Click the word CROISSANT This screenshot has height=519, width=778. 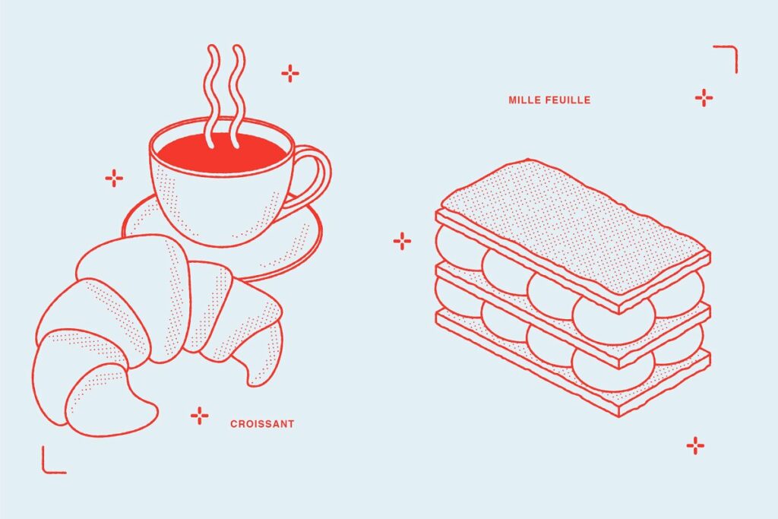point(262,424)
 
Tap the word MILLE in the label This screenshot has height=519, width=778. point(525,100)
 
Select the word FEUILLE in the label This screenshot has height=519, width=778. point(568,100)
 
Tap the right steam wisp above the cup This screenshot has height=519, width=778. point(238,84)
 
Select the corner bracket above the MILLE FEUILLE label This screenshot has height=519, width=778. point(728,56)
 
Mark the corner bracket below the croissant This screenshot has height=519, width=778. point(51,462)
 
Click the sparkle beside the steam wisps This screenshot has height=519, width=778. point(290,73)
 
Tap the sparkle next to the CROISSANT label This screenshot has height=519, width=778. point(199,415)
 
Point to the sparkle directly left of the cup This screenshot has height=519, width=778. point(114,179)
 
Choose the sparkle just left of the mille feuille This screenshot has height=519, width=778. point(402,242)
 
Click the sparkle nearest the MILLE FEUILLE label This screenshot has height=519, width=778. point(704,97)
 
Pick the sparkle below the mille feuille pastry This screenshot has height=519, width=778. point(695,446)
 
